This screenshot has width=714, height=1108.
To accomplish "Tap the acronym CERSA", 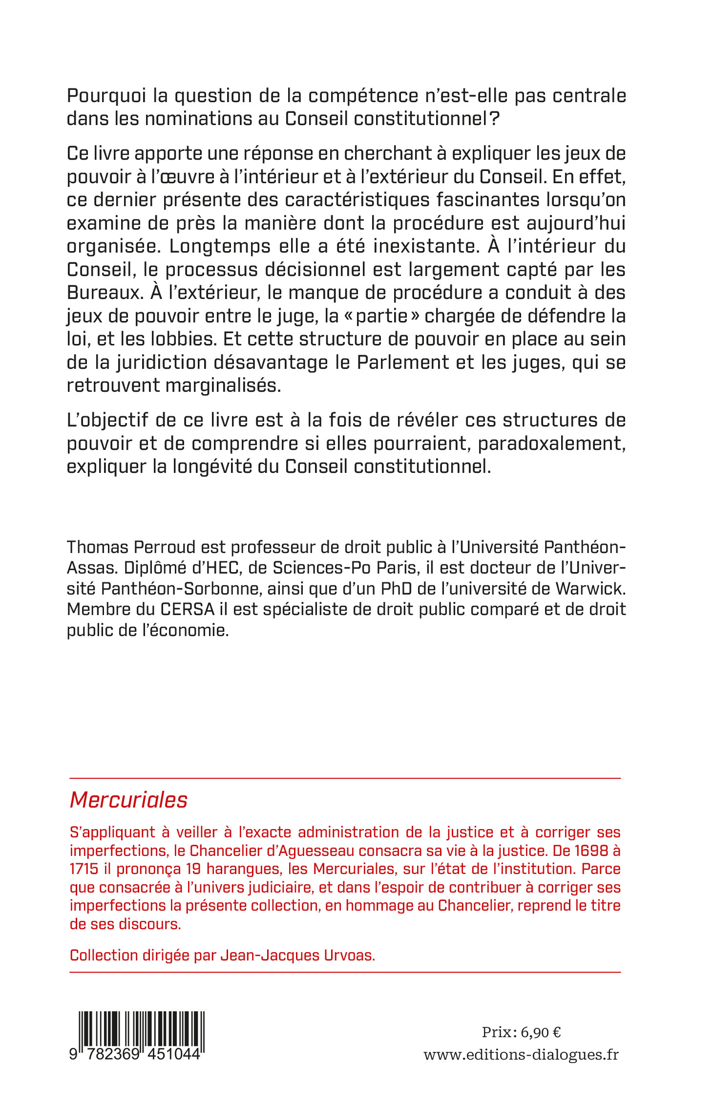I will pyautogui.click(x=188, y=609).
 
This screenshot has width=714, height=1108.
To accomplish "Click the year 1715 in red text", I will pyautogui.click(x=84, y=869).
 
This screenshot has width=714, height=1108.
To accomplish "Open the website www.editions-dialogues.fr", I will pyautogui.click(x=521, y=1055).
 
